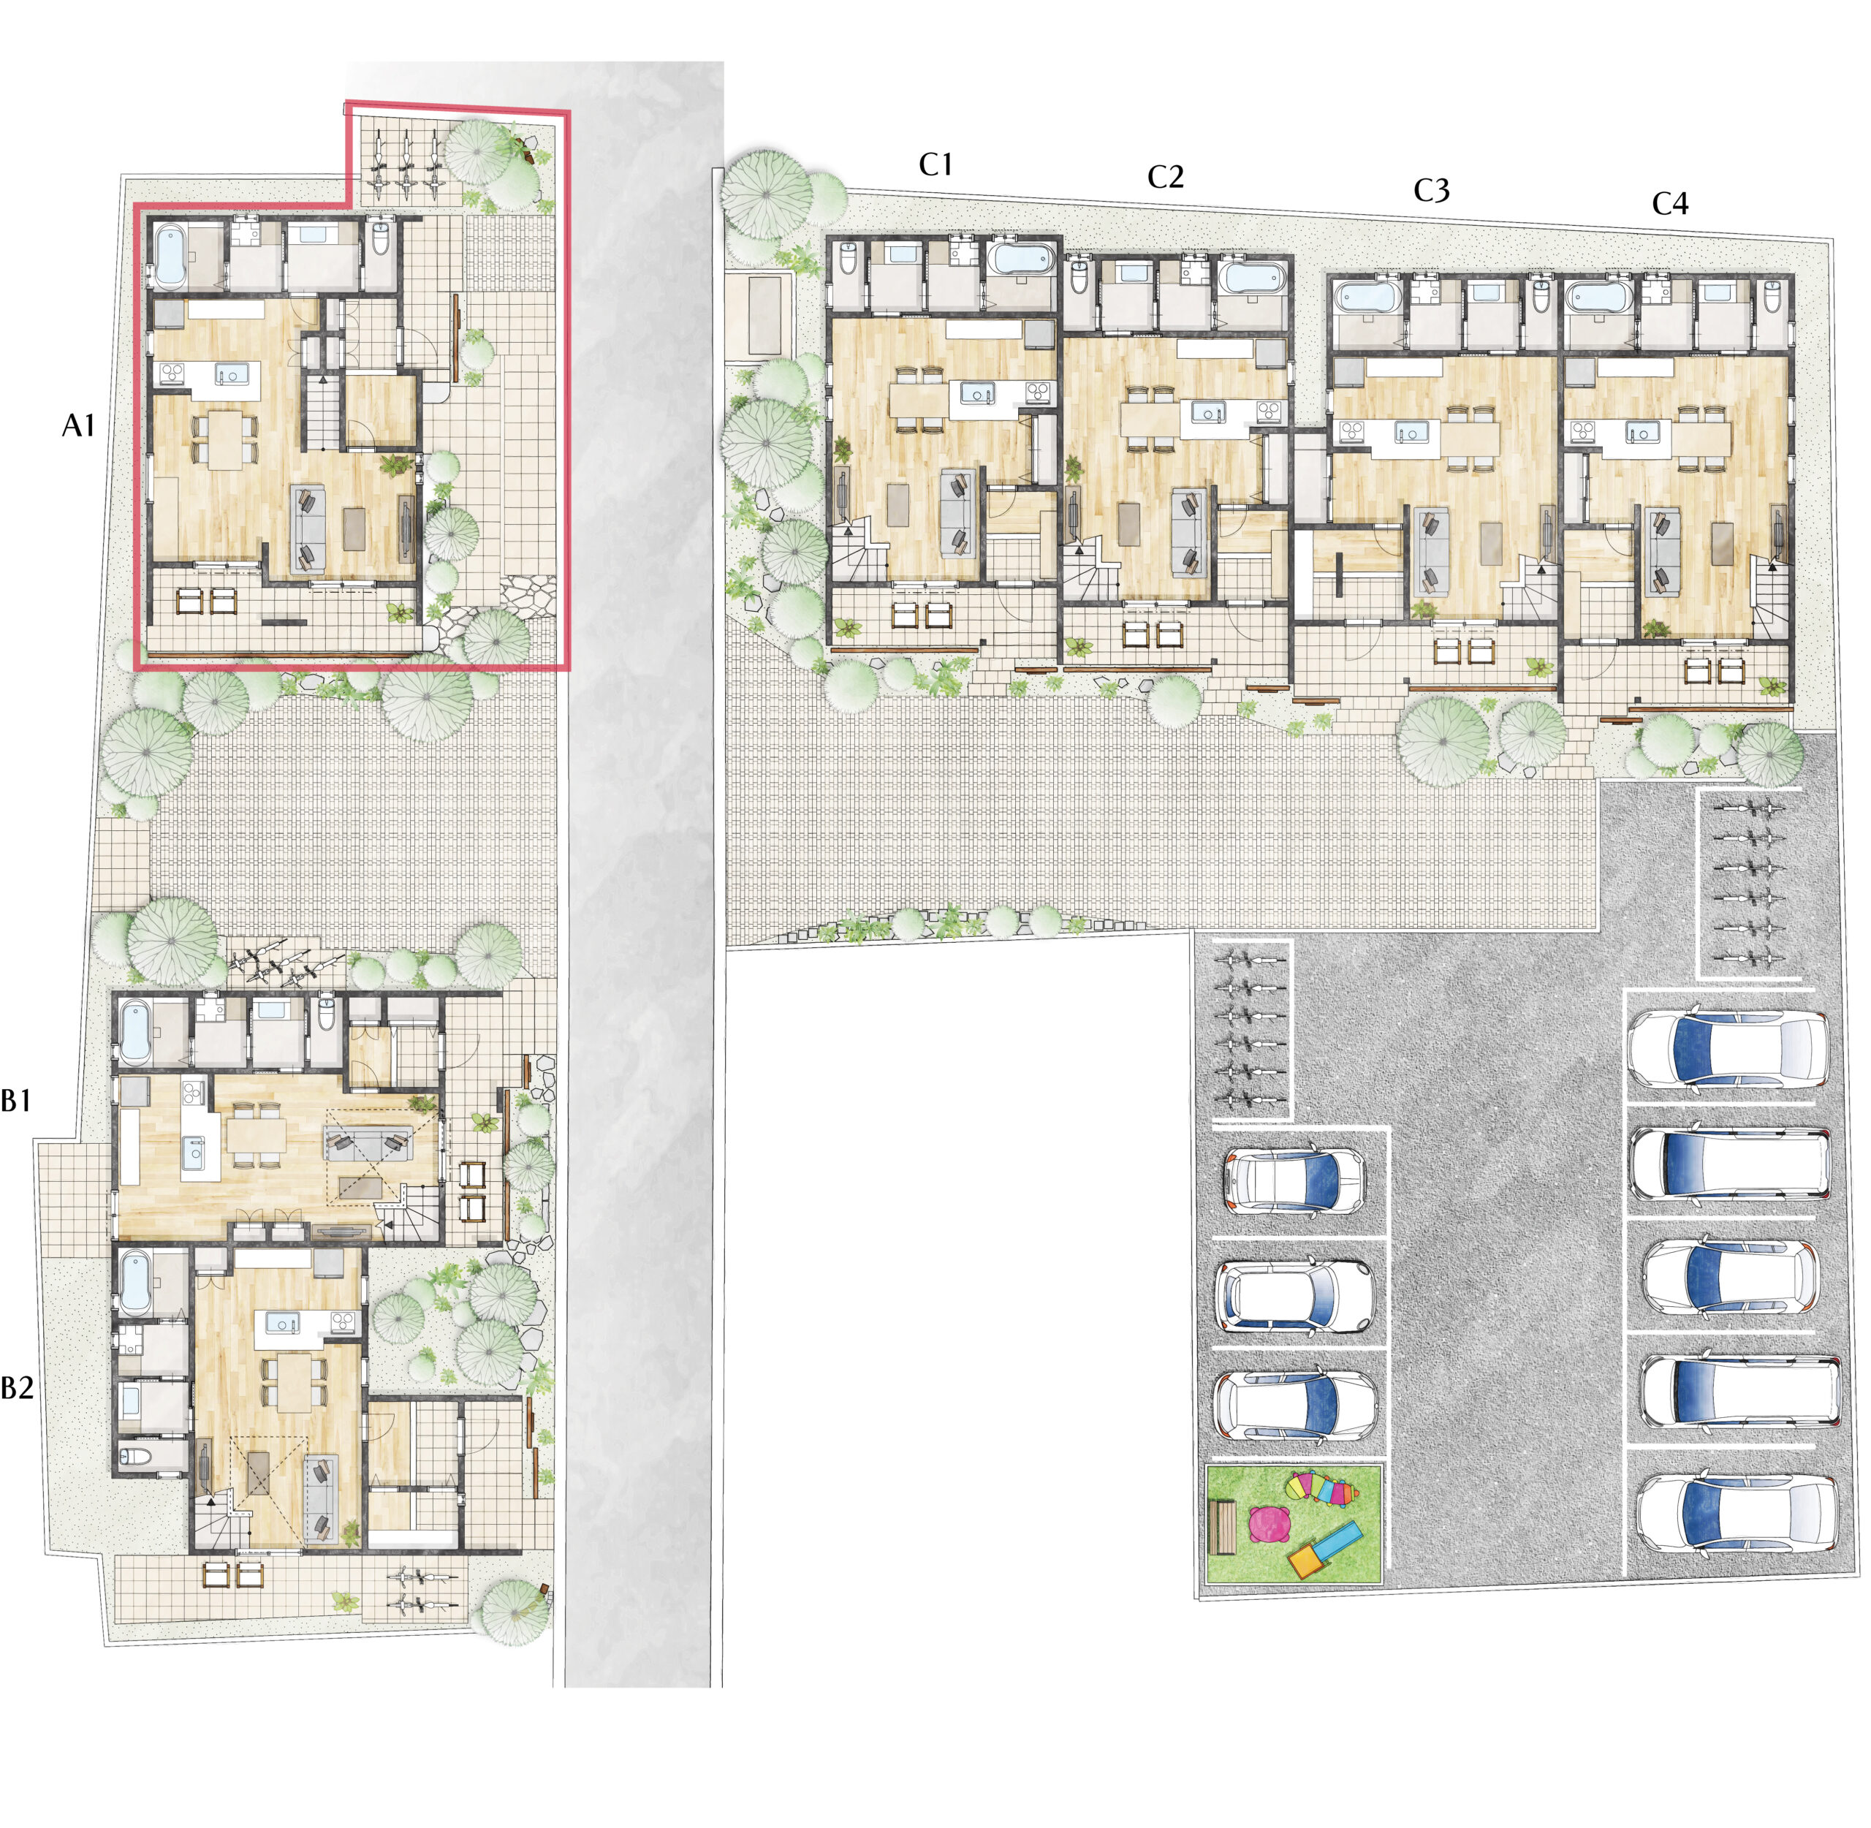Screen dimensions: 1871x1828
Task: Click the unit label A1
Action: (79, 425)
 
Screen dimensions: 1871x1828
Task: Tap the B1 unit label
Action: (16, 1100)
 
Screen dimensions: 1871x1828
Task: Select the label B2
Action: (18, 1387)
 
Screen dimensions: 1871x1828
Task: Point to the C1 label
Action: (936, 165)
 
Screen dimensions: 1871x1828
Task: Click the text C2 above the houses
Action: (1166, 177)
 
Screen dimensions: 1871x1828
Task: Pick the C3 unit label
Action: (1431, 191)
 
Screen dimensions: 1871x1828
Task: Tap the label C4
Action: (1670, 203)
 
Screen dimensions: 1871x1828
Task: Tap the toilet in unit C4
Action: (1774, 296)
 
